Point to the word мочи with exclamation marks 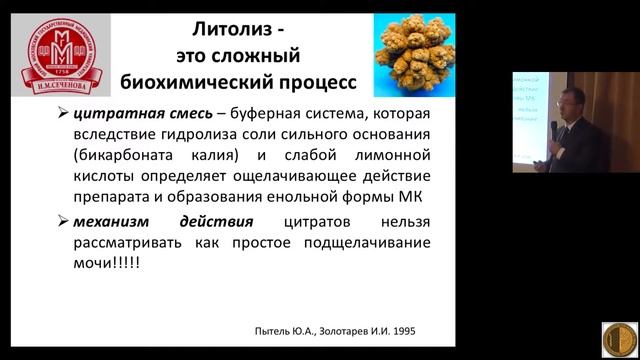117,263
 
